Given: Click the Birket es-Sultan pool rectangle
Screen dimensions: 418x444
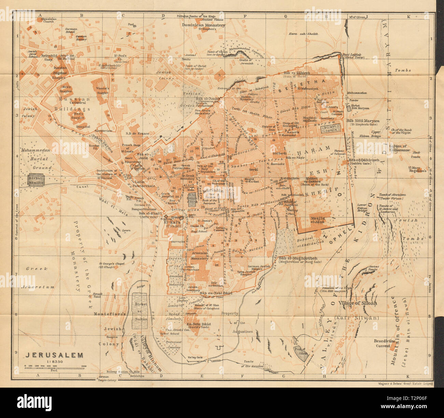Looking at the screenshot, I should (x=140, y=311).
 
